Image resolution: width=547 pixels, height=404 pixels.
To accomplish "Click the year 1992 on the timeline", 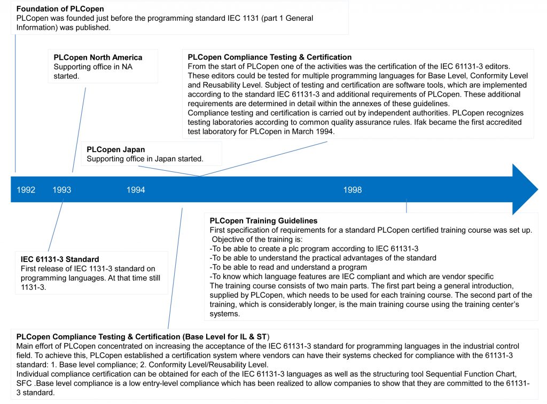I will (26, 190).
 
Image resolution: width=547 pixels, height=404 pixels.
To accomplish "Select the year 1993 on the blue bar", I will (62, 190).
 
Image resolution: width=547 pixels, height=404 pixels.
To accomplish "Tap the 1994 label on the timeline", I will (136, 190).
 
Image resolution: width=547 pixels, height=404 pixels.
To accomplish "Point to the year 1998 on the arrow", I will (353, 190).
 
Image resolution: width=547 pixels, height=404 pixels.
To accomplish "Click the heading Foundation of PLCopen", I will (60, 9).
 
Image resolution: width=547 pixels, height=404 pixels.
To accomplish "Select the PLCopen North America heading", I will (98, 58).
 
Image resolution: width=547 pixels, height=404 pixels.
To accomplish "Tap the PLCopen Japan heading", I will (115, 149).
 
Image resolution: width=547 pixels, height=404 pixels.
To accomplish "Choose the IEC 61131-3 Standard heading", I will (60, 259).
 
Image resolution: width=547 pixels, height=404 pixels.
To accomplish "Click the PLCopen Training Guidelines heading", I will (263, 220).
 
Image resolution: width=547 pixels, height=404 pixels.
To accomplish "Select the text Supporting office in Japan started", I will (145, 159).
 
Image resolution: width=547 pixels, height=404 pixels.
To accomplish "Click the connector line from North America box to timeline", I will (79, 128).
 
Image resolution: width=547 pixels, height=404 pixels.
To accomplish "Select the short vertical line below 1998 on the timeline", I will (407, 206).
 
